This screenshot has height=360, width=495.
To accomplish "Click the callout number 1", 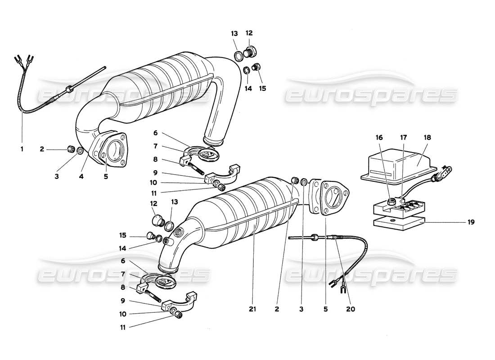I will [x=22, y=148].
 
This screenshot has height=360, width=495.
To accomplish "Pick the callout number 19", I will [x=470, y=222].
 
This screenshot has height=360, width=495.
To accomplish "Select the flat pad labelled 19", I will [x=398, y=221].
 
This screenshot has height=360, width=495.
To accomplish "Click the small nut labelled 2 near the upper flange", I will [x=70, y=149].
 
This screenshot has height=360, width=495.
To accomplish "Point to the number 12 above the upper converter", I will [x=249, y=33].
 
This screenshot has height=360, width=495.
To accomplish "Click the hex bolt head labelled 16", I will [x=390, y=199].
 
